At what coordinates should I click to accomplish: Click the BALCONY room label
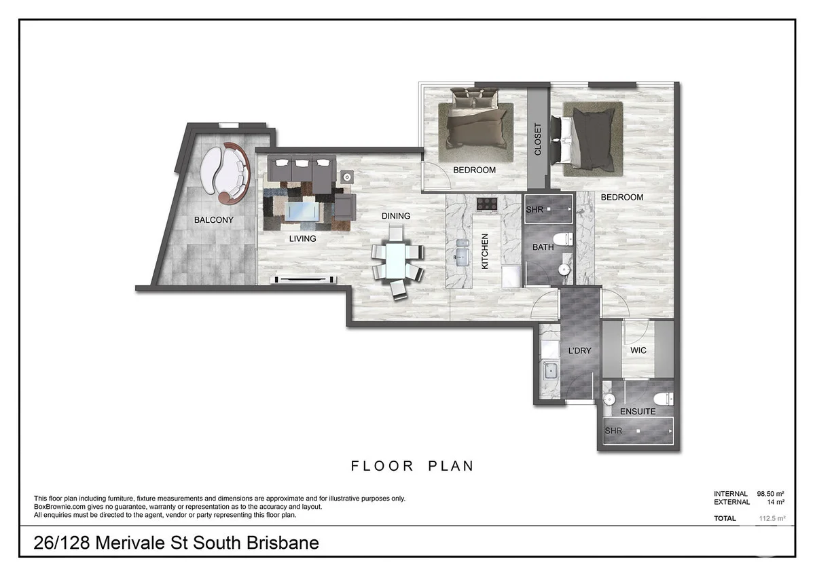coord(213,220)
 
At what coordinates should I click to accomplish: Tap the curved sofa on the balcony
coord(227,173)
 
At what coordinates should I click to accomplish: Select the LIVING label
coord(302,238)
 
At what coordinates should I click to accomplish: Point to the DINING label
coord(395,216)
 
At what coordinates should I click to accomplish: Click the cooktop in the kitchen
coord(487,203)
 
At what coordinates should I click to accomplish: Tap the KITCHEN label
coord(485,251)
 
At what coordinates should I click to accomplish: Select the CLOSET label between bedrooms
coord(538,139)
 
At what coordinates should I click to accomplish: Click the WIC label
coord(638,350)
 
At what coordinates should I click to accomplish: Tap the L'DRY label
coord(579,350)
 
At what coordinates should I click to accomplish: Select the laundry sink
coord(551,370)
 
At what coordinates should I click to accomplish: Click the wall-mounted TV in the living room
coord(305,279)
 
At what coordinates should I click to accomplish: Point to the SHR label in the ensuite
coord(613,431)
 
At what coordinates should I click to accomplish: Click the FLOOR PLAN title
coord(412,466)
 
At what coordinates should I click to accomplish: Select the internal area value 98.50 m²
coord(771,493)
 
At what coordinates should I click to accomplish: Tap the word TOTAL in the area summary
coord(725,518)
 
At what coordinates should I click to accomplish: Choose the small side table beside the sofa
coord(347,177)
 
